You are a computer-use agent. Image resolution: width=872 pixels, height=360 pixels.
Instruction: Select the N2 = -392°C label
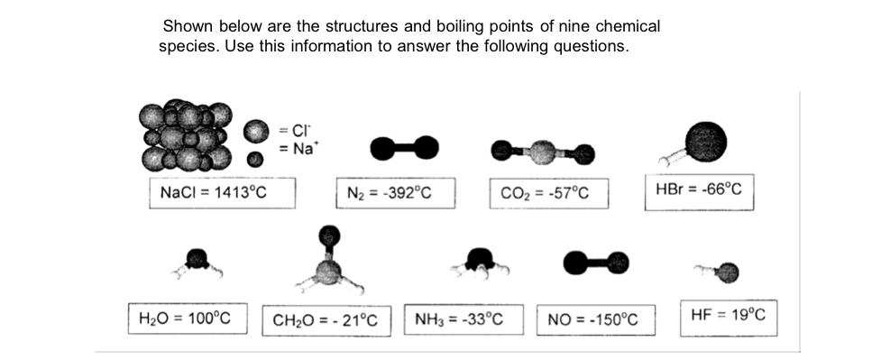[399, 193]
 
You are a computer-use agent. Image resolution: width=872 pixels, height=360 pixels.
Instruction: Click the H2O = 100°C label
[186, 318]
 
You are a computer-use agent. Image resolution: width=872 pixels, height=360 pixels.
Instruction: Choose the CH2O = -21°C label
[326, 320]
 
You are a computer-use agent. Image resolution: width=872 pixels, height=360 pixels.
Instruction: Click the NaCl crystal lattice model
[186, 136]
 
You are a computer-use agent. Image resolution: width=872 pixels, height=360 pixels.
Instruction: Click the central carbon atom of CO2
[542, 150]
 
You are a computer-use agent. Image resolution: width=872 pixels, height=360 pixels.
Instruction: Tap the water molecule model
[197, 262]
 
